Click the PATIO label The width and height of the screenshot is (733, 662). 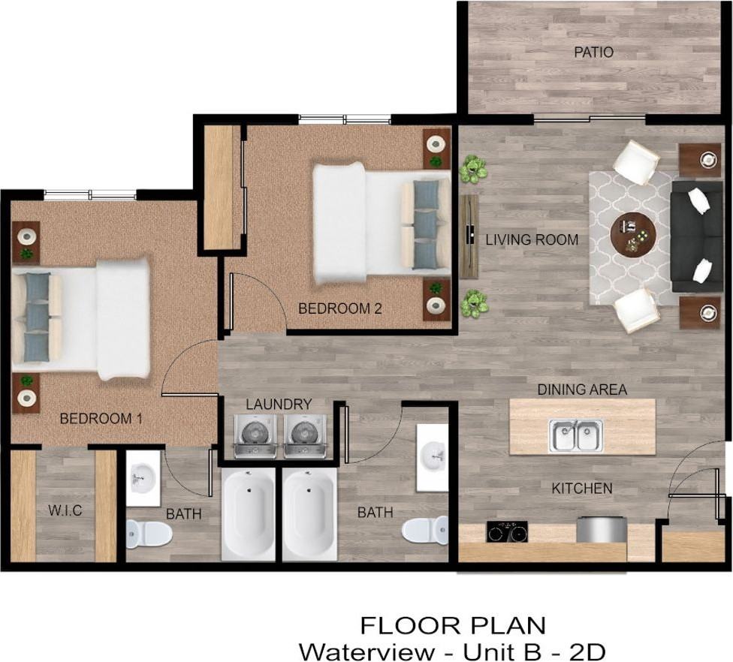pos(593,53)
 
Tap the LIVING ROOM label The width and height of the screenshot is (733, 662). pos(532,240)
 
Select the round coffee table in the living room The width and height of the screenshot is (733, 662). pos(632,234)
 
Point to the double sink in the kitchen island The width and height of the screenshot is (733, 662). pos(575,436)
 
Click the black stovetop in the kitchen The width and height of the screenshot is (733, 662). pos(507,531)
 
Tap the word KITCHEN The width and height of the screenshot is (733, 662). pos(582,489)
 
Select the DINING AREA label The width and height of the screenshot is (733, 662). pos(582,390)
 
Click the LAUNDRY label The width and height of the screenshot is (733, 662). pos(279,405)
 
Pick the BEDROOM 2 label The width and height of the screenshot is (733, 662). pos(334,308)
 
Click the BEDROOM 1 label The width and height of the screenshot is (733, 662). pos(101,419)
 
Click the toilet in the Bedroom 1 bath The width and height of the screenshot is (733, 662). pos(148,534)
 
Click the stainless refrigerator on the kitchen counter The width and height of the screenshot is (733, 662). pos(602,529)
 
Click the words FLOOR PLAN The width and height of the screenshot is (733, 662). pos(453,624)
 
